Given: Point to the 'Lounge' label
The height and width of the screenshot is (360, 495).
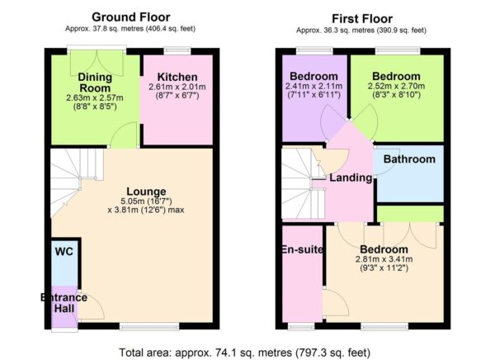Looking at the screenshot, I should (x=146, y=191).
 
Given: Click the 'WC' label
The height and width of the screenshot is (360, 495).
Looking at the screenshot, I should (x=64, y=250).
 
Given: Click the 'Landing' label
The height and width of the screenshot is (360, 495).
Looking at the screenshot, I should (x=351, y=178).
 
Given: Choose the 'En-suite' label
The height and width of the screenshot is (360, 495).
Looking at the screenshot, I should (x=301, y=249).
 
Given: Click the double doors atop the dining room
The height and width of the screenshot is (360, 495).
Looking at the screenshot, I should (x=97, y=63).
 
